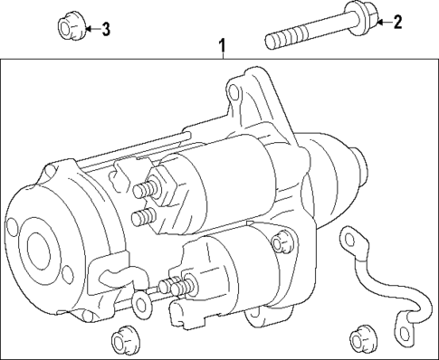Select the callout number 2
(x=396, y=23)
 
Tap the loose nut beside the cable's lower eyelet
(x=360, y=340)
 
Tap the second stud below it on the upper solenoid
(x=142, y=218)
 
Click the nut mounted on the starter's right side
(x=282, y=242)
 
